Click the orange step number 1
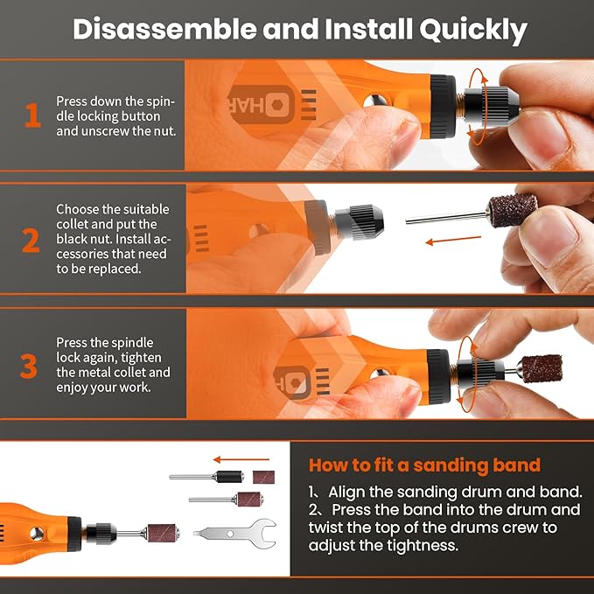[32, 115]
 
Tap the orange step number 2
[31, 239]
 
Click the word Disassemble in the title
[158, 29]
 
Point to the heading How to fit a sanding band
[424, 465]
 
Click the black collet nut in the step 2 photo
[353, 226]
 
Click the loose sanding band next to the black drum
[263, 477]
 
